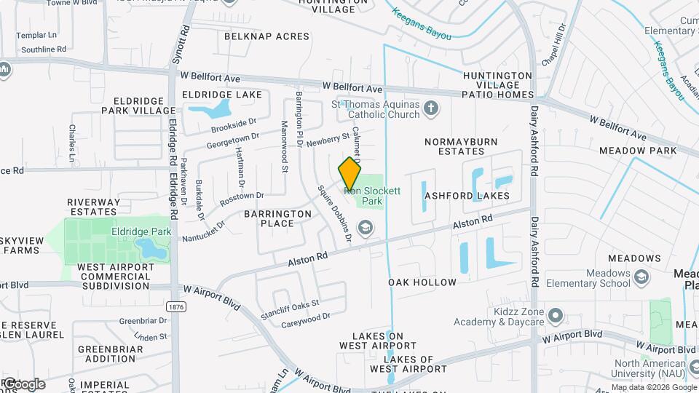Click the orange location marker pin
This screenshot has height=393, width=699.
(350, 174)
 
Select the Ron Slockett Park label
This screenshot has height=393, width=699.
(372, 196)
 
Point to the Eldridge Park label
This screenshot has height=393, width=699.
(141, 232)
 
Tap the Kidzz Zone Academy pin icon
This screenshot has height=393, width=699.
(556, 315)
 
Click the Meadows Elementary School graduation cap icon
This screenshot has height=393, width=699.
(641, 277)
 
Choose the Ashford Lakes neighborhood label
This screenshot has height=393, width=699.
(466, 196)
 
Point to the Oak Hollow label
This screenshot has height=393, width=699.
(422, 282)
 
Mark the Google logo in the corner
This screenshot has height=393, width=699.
(23, 384)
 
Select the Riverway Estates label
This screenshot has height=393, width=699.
(93, 207)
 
